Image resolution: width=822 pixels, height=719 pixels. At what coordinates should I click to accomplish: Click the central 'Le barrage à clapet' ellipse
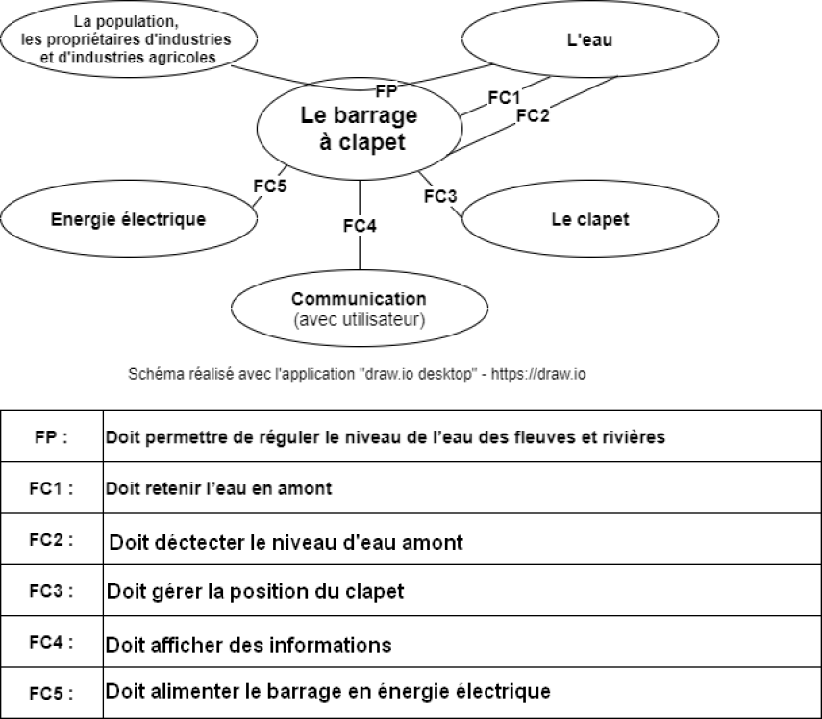[x=360, y=129]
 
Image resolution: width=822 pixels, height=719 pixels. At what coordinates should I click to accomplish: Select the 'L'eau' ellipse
[x=590, y=39]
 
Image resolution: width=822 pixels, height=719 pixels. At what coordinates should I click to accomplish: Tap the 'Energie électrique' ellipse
[x=129, y=218]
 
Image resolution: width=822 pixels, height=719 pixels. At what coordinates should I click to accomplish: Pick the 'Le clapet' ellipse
[x=590, y=218]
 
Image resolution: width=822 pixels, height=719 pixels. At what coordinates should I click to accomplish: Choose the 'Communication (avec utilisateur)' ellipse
[x=360, y=309]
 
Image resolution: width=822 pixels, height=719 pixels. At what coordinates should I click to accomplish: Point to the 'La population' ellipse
[x=129, y=39]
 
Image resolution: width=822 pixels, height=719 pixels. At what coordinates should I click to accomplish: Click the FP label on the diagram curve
[x=386, y=91]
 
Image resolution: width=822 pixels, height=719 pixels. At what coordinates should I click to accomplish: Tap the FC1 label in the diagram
[x=504, y=97]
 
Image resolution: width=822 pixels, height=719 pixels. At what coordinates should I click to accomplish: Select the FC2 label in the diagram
[x=533, y=115]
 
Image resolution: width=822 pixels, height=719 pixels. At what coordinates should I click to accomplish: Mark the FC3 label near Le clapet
[x=440, y=196]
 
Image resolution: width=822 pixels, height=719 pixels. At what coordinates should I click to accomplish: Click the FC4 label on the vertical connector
[x=360, y=226]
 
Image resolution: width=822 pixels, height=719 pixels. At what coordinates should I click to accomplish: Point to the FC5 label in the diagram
[x=270, y=186]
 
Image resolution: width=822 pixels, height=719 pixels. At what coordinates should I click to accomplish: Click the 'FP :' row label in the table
[x=51, y=437]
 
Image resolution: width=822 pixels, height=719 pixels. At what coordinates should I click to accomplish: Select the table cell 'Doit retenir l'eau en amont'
[x=218, y=488]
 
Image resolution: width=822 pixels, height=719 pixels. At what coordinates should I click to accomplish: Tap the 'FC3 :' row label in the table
[x=51, y=591]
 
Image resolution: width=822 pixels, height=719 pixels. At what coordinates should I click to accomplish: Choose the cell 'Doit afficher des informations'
[x=248, y=645]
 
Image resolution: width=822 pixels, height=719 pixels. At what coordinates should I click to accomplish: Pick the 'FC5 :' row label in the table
[x=51, y=694]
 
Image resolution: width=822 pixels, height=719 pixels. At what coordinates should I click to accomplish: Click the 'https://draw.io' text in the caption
[x=538, y=374]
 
